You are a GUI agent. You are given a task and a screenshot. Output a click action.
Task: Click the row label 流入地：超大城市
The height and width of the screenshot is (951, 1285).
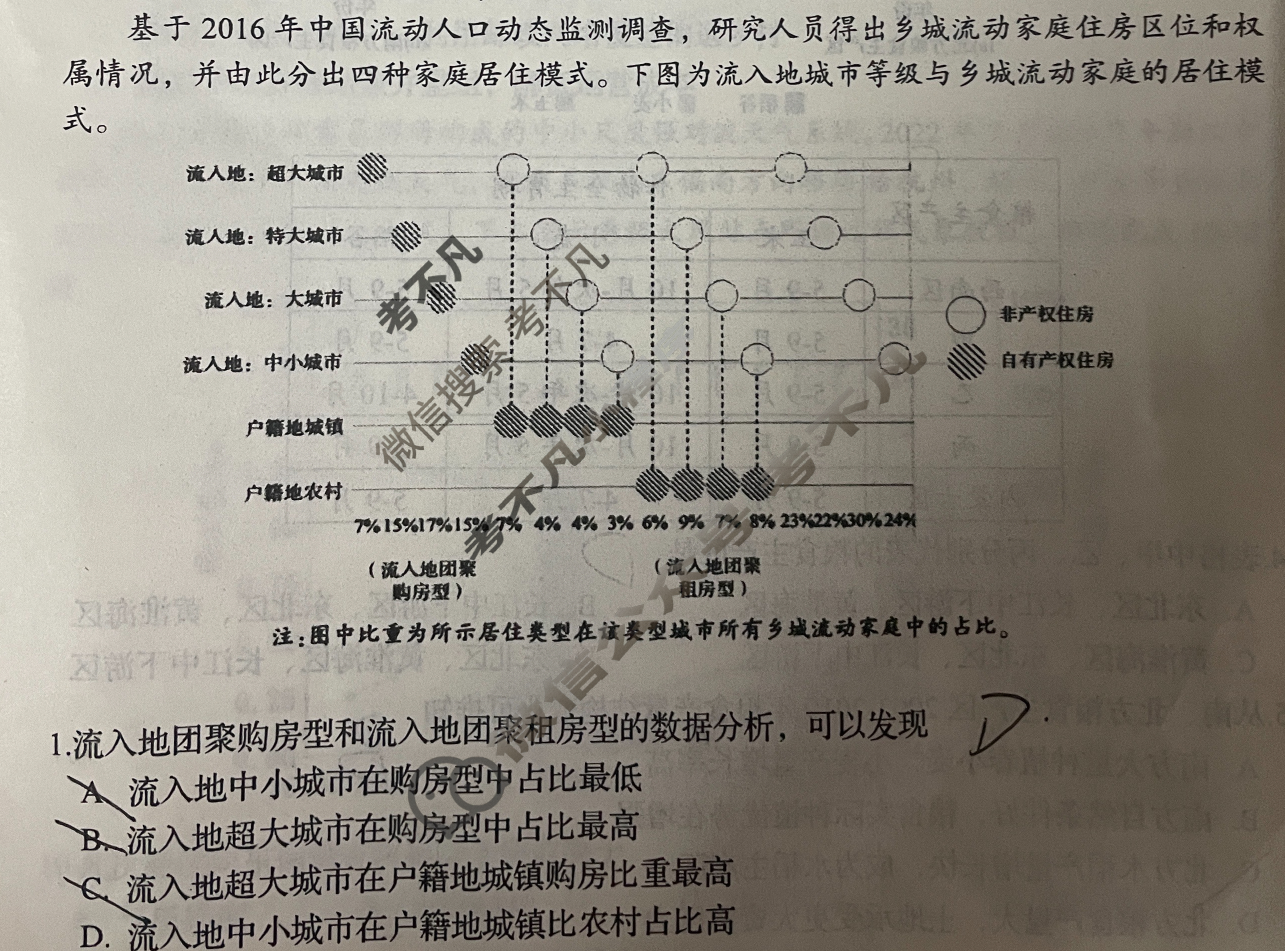pyautogui.click(x=265, y=173)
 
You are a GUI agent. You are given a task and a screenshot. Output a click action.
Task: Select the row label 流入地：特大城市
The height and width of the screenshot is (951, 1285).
pyautogui.click(x=264, y=236)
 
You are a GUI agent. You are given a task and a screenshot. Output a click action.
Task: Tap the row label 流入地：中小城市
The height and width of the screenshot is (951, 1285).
pyautogui.click(x=262, y=363)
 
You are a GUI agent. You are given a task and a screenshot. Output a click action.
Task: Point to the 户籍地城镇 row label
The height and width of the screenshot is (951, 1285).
pyautogui.click(x=293, y=427)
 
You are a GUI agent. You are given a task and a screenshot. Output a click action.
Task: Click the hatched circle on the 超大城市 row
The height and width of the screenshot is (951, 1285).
pyautogui.click(x=372, y=168)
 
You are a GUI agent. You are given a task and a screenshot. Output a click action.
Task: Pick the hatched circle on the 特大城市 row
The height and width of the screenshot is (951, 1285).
pyautogui.click(x=406, y=236)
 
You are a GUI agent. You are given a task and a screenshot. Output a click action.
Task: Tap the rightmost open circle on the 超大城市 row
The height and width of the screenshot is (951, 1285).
pyautogui.click(x=790, y=168)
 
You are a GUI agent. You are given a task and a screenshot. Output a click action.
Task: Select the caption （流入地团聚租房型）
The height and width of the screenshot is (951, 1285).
pyautogui.click(x=707, y=577)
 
